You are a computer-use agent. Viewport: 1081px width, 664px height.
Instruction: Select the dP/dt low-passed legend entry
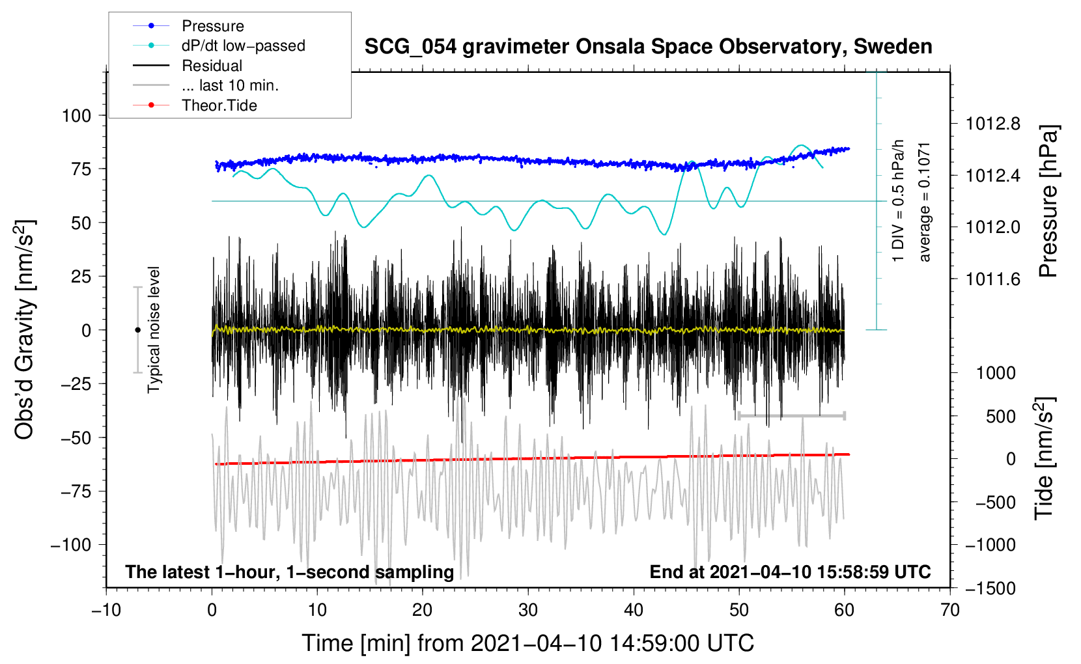(243, 46)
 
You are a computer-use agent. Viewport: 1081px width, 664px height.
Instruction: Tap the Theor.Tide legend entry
(219, 105)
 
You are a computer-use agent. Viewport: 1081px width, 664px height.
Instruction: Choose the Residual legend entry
(212, 66)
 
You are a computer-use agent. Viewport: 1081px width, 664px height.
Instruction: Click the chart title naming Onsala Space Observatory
(648, 47)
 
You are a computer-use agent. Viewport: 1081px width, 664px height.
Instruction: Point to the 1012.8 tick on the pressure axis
(992, 124)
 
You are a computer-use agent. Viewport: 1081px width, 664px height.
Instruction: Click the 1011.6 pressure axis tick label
(992, 279)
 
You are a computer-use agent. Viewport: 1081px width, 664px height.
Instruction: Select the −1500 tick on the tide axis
(990, 588)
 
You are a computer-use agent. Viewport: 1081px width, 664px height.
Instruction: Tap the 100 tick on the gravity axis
(76, 116)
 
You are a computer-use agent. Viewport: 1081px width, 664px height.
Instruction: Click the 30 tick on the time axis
(528, 611)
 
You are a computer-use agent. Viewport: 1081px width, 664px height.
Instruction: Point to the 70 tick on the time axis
(950, 611)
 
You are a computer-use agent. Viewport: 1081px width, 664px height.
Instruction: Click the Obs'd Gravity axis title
(25, 329)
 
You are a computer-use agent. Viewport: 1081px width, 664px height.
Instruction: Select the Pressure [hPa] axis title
(1048, 202)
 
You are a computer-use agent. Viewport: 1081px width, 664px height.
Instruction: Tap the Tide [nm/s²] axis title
(1044, 459)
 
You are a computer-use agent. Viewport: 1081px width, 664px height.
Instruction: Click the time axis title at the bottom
(528, 643)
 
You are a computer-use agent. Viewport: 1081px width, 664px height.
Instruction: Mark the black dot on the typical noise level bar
(137, 330)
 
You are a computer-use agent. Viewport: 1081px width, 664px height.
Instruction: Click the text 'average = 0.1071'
(925, 202)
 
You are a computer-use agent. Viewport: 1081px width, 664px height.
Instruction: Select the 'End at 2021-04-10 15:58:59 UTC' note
(790, 572)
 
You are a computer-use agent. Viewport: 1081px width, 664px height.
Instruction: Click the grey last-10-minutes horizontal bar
(791, 415)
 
